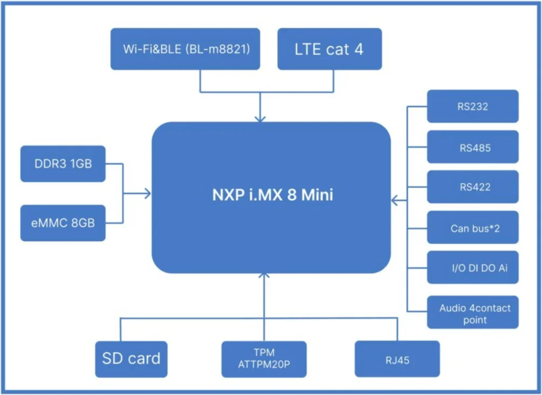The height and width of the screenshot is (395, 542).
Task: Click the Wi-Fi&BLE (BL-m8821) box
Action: [185, 49]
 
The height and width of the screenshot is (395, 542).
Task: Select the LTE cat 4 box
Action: [330, 49]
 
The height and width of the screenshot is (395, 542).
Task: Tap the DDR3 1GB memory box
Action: [63, 163]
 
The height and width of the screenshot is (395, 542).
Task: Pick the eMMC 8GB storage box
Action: [63, 223]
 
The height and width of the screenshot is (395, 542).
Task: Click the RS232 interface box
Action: [473, 106]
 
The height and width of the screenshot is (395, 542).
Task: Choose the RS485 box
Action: [473, 147]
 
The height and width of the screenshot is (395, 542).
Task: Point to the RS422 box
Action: [473, 187]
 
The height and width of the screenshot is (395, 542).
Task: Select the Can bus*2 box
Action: [473, 227]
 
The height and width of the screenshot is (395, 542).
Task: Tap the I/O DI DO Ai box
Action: [473, 267]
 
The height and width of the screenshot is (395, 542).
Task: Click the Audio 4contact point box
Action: [473, 312]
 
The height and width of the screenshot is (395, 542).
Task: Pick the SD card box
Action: [131, 359]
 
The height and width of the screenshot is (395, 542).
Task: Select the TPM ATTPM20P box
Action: [264, 359]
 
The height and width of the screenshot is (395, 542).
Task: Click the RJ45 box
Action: [397, 359]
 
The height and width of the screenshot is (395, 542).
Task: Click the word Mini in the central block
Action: [317, 195]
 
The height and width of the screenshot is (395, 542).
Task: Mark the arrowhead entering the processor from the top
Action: [260, 119]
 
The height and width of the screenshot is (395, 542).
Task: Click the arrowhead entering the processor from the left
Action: [148, 194]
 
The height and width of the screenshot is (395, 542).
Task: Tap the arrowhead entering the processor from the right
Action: [395, 200]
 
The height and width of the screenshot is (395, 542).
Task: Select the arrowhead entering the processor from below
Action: [264, 275]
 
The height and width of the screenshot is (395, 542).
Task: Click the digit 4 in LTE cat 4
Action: [359, 49]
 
